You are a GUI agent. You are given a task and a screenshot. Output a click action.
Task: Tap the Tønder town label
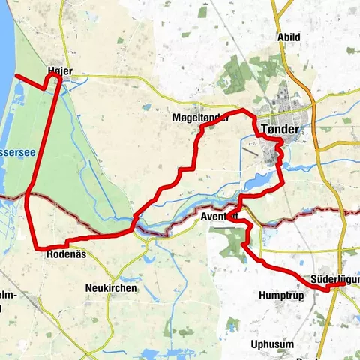tap(280, 130)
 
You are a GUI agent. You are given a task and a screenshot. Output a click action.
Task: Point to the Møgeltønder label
tap(200, 119)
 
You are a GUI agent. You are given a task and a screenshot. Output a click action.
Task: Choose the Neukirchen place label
tap(109, 288)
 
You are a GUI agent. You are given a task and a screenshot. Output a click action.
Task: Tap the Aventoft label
tap(220, 217)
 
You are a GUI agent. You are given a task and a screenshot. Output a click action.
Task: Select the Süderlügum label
tap(334, 279)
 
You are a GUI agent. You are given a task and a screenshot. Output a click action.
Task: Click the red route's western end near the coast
tap(17, 76)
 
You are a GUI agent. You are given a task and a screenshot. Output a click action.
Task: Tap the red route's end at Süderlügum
tap(342, 284)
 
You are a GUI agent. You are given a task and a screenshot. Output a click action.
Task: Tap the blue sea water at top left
tap(7, 37)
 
